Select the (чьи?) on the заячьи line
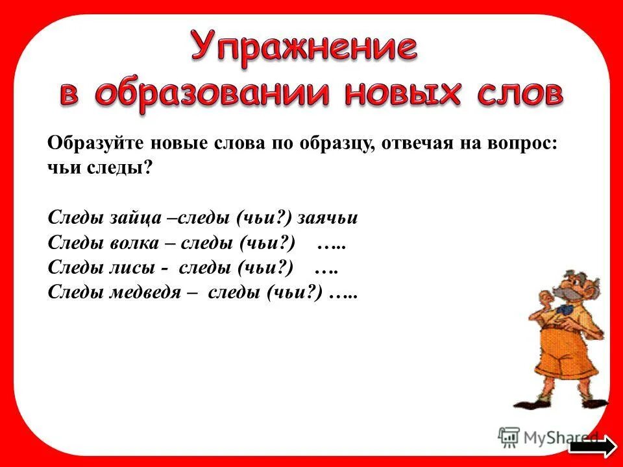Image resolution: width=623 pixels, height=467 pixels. point(263,218)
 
